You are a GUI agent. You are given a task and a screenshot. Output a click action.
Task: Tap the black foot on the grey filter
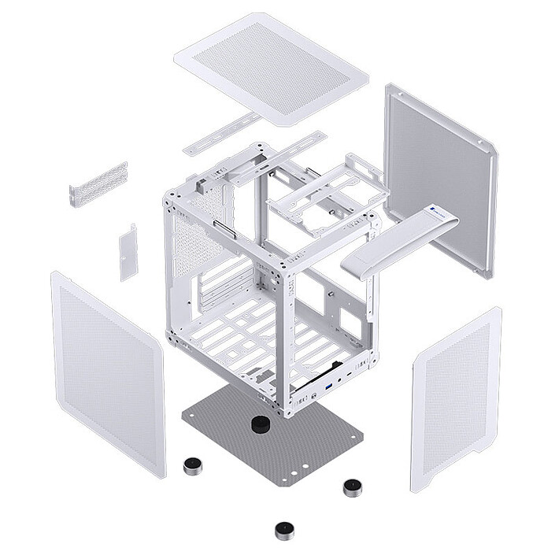pyautogui.click(x=260, y=425)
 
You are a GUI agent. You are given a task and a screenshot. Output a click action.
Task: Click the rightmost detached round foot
pyautogui.click(x=353, y=487)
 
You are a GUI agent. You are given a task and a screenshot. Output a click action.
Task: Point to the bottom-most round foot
pyautogui.click(x=284, y=531)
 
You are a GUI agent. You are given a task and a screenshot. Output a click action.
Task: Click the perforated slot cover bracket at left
pyautogui.click(x=98, y=185)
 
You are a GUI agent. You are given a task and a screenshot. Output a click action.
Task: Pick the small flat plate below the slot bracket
pyautogui.click(x=128, y=252)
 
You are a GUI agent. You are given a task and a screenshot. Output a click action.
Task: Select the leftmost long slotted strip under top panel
pyautogui.click(x=221, y=134)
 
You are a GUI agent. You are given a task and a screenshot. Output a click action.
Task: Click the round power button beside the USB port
pyautogui.click(x=339, y=379)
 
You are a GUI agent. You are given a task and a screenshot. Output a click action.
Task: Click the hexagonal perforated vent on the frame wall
pyautogui.click(x=197, y=240)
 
